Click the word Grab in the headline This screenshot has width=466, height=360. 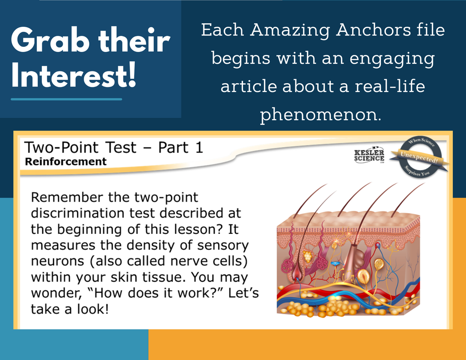pos(50,41)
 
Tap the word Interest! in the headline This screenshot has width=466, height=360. pos(74,75)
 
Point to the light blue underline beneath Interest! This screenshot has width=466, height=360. pos(66,99)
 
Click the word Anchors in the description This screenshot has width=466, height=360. pos(374,30)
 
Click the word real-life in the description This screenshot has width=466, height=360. pos(390,86)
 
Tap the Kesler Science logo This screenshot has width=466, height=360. pos(369,155)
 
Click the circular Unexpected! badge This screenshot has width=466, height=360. pos(420,157)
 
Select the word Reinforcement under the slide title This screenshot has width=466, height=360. pos(66,162)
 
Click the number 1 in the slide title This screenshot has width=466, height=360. pos(199,147)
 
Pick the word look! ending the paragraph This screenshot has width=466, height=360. pos(93,309)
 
